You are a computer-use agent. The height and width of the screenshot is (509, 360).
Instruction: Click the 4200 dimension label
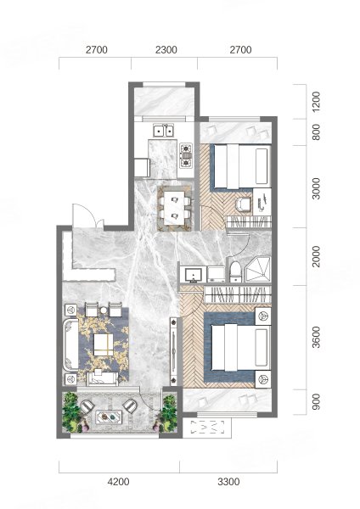click(118, 482)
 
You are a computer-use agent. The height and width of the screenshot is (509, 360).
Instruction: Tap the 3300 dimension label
click(228, 482)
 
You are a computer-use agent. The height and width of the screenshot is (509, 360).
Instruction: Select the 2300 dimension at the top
click(166, 50)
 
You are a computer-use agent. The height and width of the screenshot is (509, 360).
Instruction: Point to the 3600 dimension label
click(316, 338)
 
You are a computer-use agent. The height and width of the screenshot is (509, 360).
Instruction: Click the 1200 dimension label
click(316, 102)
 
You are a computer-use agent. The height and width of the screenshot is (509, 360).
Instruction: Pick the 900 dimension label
click(316, 401)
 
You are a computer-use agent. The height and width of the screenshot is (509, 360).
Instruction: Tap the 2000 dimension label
click(316, 256)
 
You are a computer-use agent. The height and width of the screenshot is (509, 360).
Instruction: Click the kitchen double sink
click(164, 131)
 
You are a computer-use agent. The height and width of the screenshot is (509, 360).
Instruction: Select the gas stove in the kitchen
click(186, 155)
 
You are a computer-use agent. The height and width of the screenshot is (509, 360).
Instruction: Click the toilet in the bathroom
click(235, 272)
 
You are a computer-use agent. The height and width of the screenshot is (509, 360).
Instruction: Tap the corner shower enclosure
click(258, 270)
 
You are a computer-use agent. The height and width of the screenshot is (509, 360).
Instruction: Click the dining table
click(173, 208)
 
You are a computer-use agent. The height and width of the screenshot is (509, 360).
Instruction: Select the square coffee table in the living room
click(104, 344)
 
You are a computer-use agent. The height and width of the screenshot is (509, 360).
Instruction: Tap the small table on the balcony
click(109, 417)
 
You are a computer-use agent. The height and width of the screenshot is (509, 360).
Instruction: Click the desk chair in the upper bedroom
click(244, 204)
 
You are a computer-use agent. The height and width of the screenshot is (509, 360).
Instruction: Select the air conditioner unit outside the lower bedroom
click(207, 428)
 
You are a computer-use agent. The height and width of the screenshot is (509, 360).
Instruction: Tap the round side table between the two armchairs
click(104, 310)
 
